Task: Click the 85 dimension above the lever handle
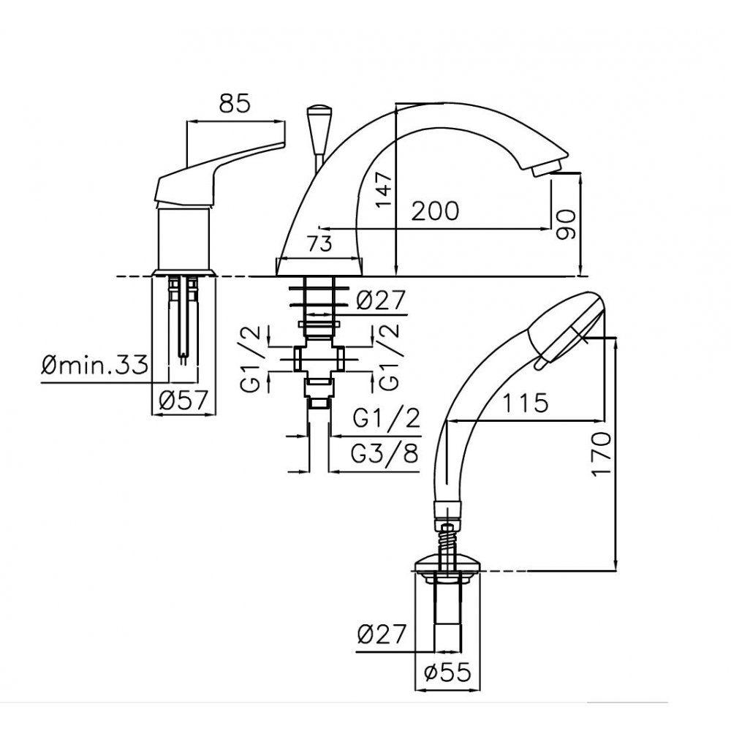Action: click(x=235, y=104)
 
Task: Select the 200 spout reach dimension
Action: click(x=434, y=211)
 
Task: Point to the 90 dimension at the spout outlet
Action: click(x=567, y=224)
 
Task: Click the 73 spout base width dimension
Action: click(x=320, y=244)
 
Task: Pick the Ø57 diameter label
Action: click(x=183, y=401)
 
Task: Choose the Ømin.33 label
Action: click(x=94, y=365)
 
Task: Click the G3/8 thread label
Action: click(x=385, y=454)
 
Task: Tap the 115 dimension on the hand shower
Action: click(x=525, y=403)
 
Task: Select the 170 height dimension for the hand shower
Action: click(x=601, y=454)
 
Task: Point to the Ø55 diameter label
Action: click(x=447, y=673)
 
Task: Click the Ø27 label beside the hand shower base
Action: click(x=382, y=635)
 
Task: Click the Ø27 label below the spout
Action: click(x=381, y=300)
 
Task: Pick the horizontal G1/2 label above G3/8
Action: click(x=387, y=418)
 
